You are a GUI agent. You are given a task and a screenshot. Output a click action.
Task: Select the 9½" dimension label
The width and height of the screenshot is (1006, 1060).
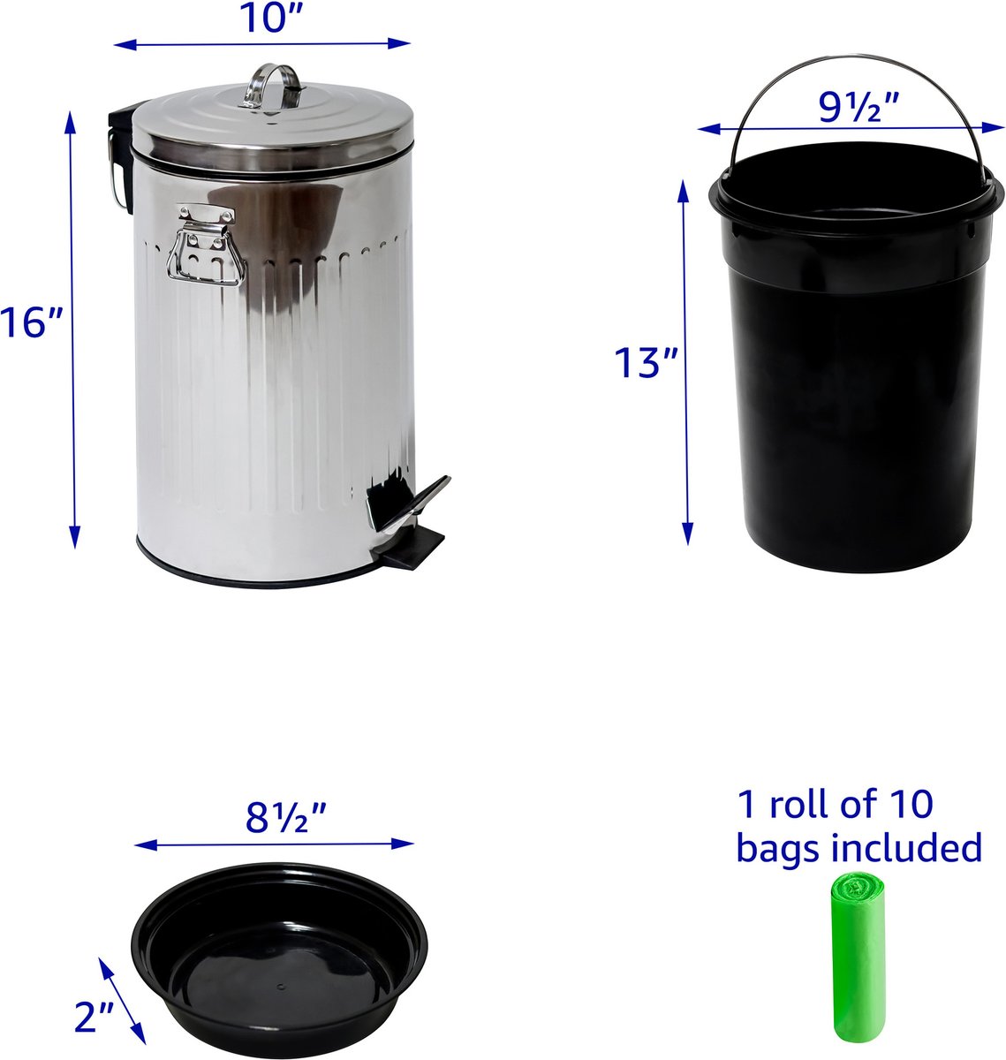click(859, 107)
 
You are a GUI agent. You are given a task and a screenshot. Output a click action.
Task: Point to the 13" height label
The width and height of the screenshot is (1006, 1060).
click(646, 362)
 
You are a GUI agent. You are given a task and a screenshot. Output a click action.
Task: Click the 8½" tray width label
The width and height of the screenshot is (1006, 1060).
click(286, 817)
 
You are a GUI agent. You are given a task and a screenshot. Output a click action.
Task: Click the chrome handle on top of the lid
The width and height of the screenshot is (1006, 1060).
click(272, 87)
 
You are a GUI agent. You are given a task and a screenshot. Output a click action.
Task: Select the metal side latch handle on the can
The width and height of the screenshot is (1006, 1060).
click(206, 246)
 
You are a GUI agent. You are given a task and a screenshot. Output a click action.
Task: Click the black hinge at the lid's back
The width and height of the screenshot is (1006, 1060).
click(121, 155)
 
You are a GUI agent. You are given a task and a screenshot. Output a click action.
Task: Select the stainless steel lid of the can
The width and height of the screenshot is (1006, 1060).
click(273, 129)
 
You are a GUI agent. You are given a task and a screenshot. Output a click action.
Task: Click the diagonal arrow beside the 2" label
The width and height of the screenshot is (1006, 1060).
click(122, 1001)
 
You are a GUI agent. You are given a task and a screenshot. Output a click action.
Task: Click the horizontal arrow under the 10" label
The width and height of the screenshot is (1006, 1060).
click(262, 44)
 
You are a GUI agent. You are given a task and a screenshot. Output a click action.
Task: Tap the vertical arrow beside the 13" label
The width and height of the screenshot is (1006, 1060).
click(685, 362)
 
